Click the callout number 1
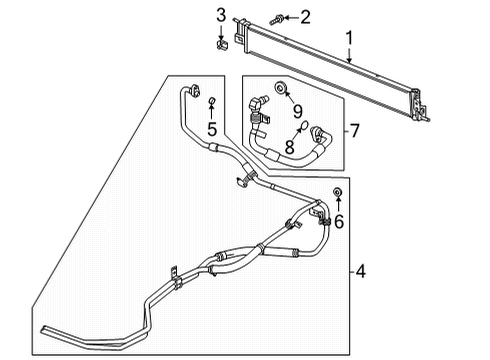click(x=349, y=39)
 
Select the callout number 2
click(x=278, y=16)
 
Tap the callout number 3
click(x=221, y=13)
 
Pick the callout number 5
click(x=212, y=128)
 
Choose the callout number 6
click(x=338, y=222)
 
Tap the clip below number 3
click(x=222, y=45)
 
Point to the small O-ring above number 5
click(x=212, y=103)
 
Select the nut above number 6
click(x=338, y=192)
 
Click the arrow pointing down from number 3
click(x=221, y=30)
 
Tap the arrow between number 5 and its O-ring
click(x=212, y=114)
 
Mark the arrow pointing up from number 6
click(x=338, y=207)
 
